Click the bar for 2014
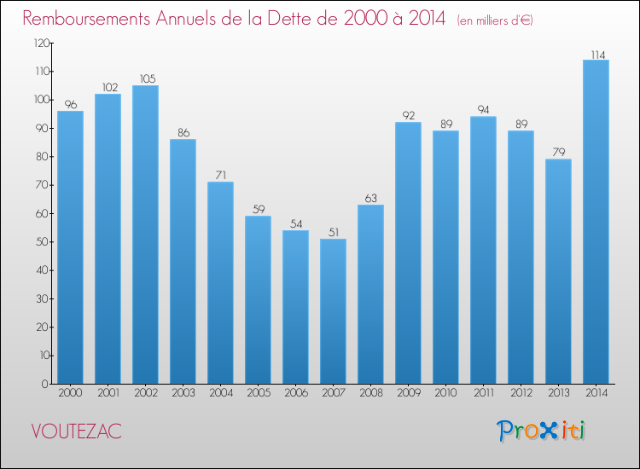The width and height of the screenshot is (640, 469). (x=596, y=222)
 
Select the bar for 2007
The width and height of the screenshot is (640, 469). (x=333, y=311)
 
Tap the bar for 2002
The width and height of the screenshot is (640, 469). (x=145, y=234)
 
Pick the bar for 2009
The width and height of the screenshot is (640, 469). (x=408, y=252)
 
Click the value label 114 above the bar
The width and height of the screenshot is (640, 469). (x=596, y=53)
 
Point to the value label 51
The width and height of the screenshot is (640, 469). (x=333, y=232)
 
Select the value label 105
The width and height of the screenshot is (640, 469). (x=145, y=78)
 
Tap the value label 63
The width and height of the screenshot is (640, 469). (x=370, y=198)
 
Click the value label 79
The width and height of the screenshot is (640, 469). (x=558, y=153)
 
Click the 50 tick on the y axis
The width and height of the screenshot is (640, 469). (x=38, y=242)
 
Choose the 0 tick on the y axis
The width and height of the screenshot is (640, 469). (x=42, y=384)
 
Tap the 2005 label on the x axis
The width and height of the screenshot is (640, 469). (x=258, y=392)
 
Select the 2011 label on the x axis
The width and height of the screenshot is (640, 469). (x=483, y=392)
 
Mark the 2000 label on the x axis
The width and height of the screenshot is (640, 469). (x=70, y=392)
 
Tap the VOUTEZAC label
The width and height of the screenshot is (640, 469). (x=76, y=431)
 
